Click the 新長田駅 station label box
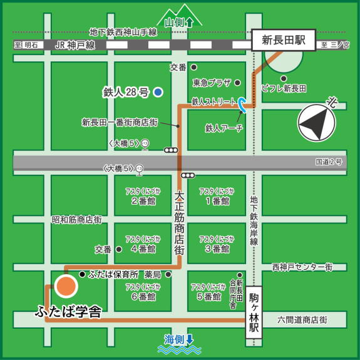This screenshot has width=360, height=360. [284, 41]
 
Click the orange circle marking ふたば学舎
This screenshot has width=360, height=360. [66, 287]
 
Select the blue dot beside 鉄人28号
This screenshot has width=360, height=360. [158, 92]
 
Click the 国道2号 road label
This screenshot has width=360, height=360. [329, 162]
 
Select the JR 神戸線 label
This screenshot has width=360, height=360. [75, 45]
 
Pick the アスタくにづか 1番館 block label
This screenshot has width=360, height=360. [217, 197]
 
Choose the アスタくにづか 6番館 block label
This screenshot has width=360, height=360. [143, 292]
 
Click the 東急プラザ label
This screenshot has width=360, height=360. [212, 83]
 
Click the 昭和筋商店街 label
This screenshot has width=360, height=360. [77, 220]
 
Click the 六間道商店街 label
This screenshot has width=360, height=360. [302, 319]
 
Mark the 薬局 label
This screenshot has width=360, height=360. [152, 274]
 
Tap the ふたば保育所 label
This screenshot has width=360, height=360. [113, 274]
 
